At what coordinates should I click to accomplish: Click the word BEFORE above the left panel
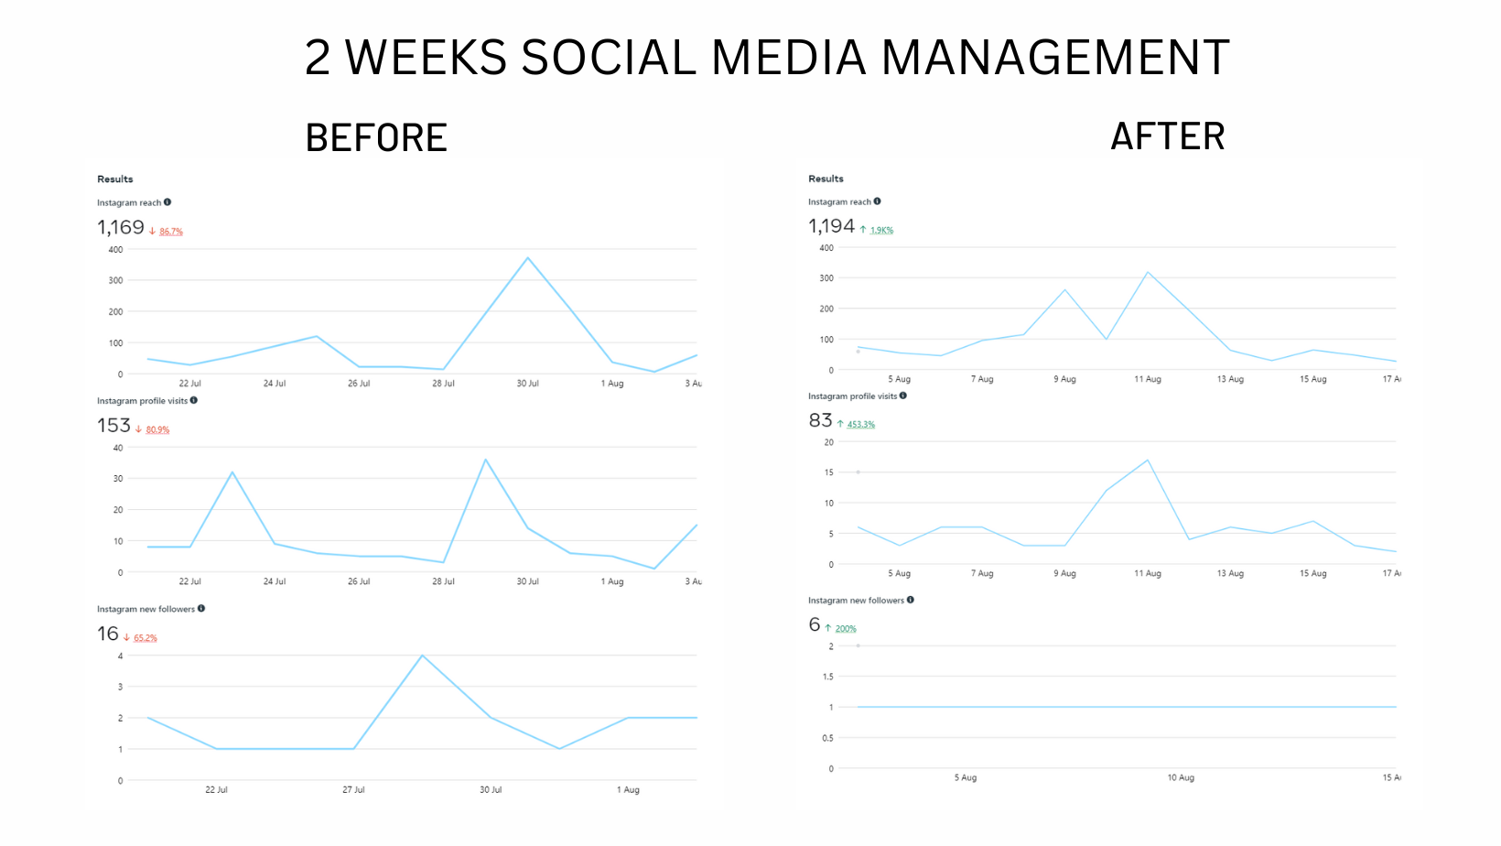tap(376, 138)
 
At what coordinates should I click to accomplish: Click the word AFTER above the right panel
tap(1167, 137)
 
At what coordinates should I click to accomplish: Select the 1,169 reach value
tap(121, 227)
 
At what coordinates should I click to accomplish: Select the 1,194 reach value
tap(831, 226)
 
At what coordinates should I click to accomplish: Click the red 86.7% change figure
tap(171, 232)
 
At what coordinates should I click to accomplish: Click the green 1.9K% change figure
tap(881, 231)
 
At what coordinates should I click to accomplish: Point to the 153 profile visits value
tap(113, 426)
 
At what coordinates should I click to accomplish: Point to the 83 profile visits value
tap(820, 420)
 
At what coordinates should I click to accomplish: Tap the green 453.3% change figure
tap(860, 425)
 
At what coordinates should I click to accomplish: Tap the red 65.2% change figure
tap(146, 638)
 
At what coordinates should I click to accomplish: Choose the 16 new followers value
tap(108, 634)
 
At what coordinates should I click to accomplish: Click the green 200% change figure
tap(846, 629)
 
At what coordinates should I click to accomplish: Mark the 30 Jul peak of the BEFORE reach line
tap(528, 258)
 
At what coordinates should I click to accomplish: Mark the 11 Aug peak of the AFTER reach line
tap(1147, 272)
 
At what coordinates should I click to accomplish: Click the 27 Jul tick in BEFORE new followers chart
tap(353, 789)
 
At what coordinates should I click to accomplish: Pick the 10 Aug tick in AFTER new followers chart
tap(1181, 777)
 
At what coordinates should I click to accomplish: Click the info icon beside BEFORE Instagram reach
tap(167, 202)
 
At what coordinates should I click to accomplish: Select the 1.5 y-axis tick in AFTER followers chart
tap(827, 677)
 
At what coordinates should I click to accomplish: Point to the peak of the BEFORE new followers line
tap(422, 656)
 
